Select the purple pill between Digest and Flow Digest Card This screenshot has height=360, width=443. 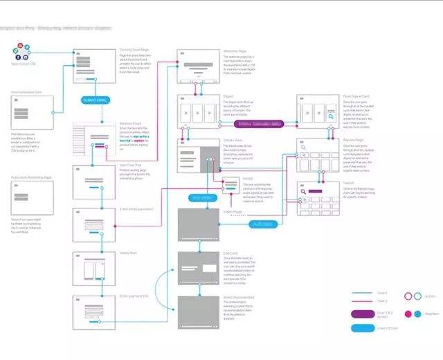coord(259,124)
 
